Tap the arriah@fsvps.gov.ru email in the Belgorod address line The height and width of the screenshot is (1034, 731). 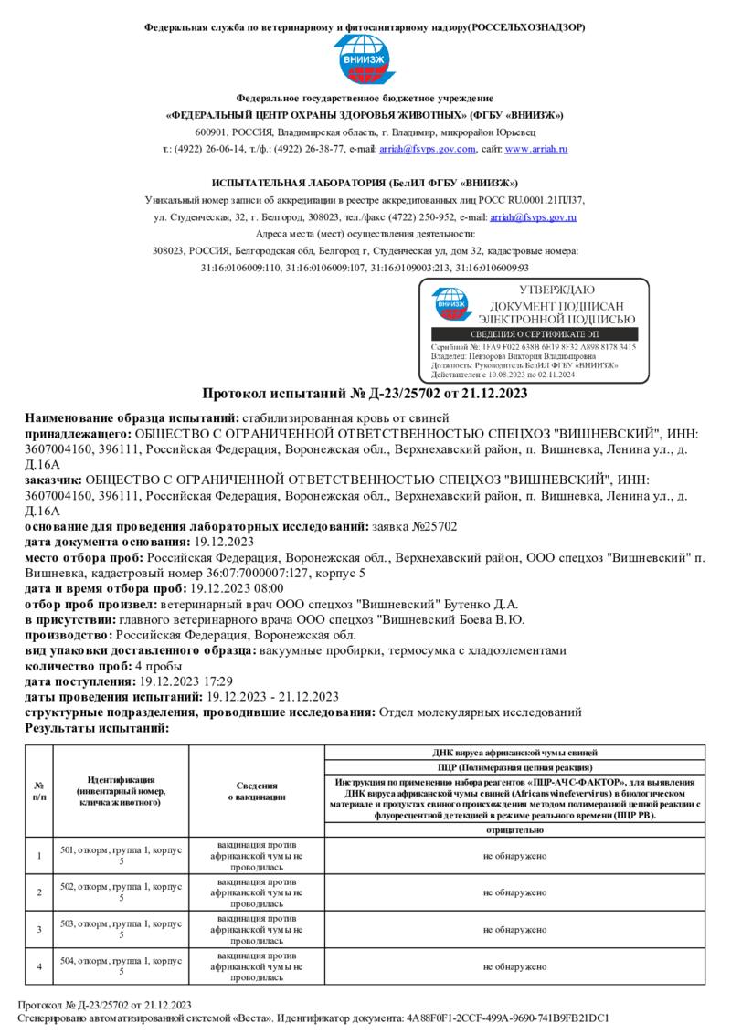[533, 217]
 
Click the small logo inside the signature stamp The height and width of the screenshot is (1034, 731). [450, 306]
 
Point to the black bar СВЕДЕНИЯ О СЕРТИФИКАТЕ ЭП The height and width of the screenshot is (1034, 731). [533, 335]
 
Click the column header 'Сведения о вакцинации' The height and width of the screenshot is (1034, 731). [257, 791]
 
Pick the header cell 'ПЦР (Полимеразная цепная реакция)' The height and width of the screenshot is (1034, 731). [514, 767]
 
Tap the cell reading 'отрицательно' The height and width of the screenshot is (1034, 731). [514, 830]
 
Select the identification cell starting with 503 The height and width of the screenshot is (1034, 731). [121, 929]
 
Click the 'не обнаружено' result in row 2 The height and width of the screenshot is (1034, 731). [514, 892]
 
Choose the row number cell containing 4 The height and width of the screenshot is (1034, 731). [39, 966]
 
